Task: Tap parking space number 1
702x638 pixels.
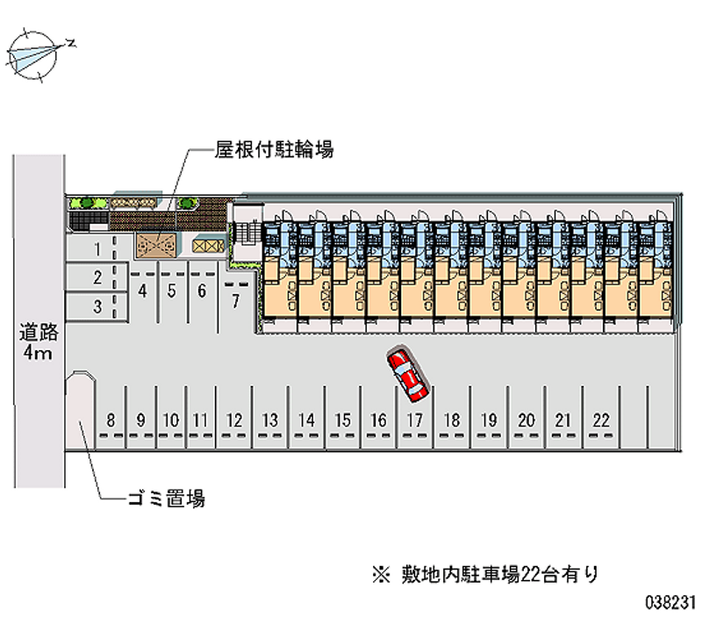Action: [99, 249]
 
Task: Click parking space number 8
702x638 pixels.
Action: [111, 420]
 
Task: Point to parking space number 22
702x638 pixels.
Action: [600, 420]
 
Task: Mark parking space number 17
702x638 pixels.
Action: [414, 420]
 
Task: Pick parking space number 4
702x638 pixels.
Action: [142, 290]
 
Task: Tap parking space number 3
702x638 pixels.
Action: [98, 306]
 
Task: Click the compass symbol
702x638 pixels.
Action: [32, 54]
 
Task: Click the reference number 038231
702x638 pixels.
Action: [670, 604]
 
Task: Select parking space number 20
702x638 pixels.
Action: [526, 420]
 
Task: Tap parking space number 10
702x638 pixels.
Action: [171, 420]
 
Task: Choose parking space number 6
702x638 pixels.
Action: [201, 290]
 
